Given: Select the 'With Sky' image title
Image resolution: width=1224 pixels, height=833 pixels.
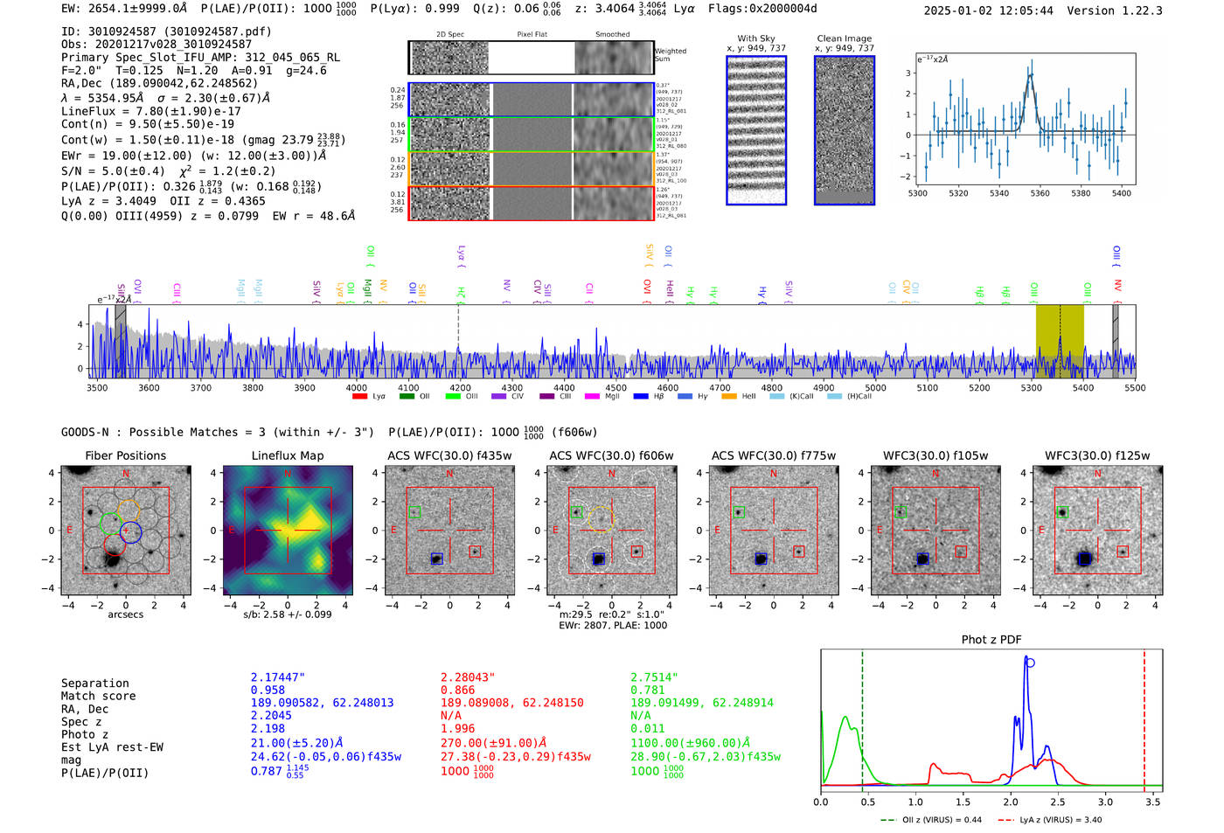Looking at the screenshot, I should (x=755, y=38).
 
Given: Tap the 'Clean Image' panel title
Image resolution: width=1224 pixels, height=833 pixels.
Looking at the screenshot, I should (x=844, y=38).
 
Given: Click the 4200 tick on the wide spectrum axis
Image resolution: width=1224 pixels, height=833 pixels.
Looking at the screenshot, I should (x=460, y=387).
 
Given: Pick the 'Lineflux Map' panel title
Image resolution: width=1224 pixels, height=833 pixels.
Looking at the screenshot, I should (x=287, y=455).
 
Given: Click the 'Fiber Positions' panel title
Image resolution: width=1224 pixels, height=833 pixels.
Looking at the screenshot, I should (x=125, y=455).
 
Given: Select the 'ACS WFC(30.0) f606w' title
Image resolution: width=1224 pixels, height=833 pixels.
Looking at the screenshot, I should (x=611, y=455).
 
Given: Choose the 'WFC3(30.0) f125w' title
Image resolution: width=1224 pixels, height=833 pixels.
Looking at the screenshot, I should (x=1097, y=455).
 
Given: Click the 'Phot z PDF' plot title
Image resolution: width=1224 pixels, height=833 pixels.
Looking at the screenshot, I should (x=991, y=639).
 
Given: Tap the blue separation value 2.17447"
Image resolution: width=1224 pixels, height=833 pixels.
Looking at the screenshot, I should (x=278, y=677).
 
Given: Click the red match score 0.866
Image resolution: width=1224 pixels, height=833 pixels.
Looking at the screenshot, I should (x=458, y=690).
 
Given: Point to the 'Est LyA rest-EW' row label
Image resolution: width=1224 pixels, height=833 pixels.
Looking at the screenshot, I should (x=112, y=747).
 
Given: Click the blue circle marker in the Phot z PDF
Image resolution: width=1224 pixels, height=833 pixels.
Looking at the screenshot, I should (x=1030, y=663).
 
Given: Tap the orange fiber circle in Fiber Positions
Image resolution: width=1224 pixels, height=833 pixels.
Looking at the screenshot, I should (x=128, y=512).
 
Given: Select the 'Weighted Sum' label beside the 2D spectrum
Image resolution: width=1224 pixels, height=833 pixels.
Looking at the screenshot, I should (x=670, y=54).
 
